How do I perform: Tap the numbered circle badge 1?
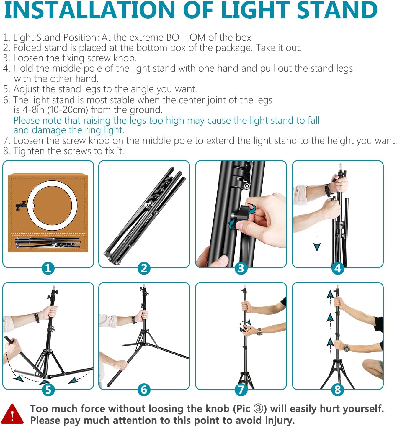[48, 268]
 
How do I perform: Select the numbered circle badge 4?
[337, 268]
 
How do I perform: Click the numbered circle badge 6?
[144, 390]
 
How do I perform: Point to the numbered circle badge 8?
[337, 390]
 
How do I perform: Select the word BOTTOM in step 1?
[186, 37]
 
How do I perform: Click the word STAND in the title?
[337, 10]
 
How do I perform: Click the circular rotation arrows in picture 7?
[245, 326]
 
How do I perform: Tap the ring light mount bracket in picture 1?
[21, 205]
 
